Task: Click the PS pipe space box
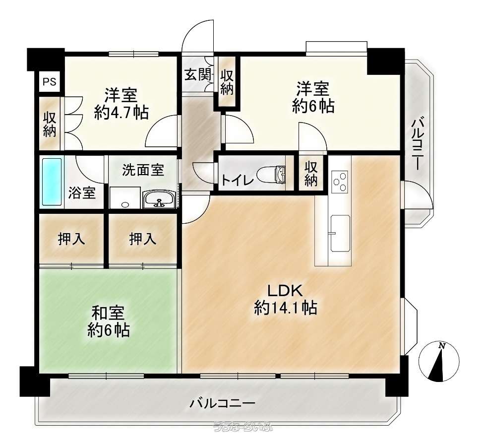point(50,82)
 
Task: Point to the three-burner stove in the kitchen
point(340,182)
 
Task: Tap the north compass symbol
point(439,362)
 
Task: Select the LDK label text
point(285,291)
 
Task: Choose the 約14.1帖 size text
point(285,308)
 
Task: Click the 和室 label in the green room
point(108,313)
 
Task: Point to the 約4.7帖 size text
point(121,112)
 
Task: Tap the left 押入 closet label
point(71,239)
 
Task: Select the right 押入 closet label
point(143,239)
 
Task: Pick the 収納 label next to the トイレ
point(311,174)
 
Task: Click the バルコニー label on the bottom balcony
point(222,403)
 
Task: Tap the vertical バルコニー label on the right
point(417,144)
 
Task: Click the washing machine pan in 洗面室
point(125,197)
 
